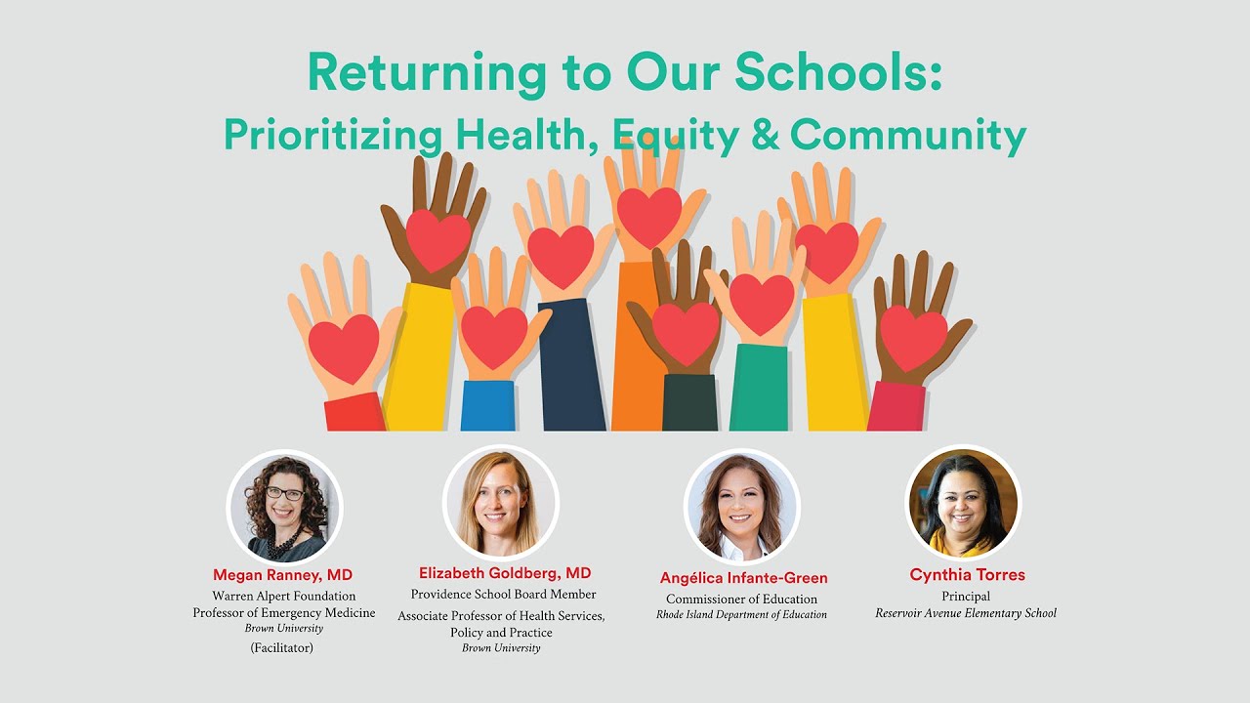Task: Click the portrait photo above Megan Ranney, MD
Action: click(x=285, y=507)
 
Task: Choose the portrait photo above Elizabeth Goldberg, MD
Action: click(x=501, y=503)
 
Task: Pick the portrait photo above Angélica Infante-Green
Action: click(x=742, y=507)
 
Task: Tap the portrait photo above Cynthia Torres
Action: click(x=964, y=503)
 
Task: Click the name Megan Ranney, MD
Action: click(x=283, y=574)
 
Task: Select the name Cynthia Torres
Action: click(x=967, y=574)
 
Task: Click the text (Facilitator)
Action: click(x=282, y=647)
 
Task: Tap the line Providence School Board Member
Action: click(x=503, y=594)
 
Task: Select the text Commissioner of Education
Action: click(x=741, y=599)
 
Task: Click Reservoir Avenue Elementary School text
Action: click(x=966, y=613)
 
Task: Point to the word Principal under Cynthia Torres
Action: click(x=966, y=596)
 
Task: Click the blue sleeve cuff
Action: click(x=487, y=405)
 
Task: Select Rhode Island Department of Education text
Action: click(x=741, y=615)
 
